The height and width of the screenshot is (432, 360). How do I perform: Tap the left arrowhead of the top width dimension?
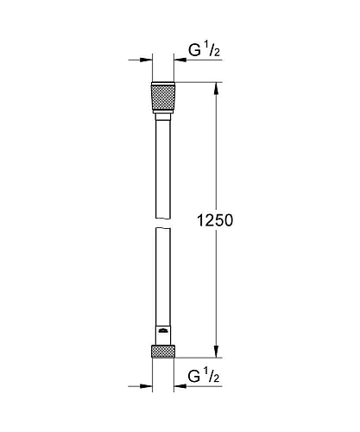pos(148,60)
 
